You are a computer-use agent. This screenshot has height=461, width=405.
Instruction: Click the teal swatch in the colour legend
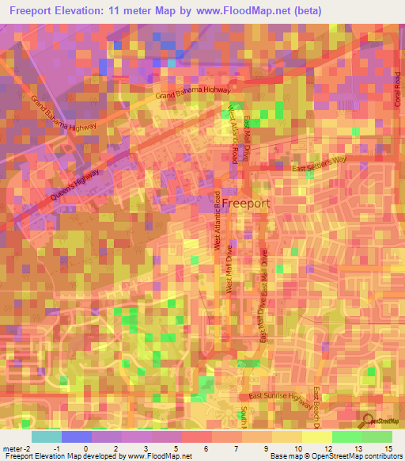[x=47, y=436]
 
